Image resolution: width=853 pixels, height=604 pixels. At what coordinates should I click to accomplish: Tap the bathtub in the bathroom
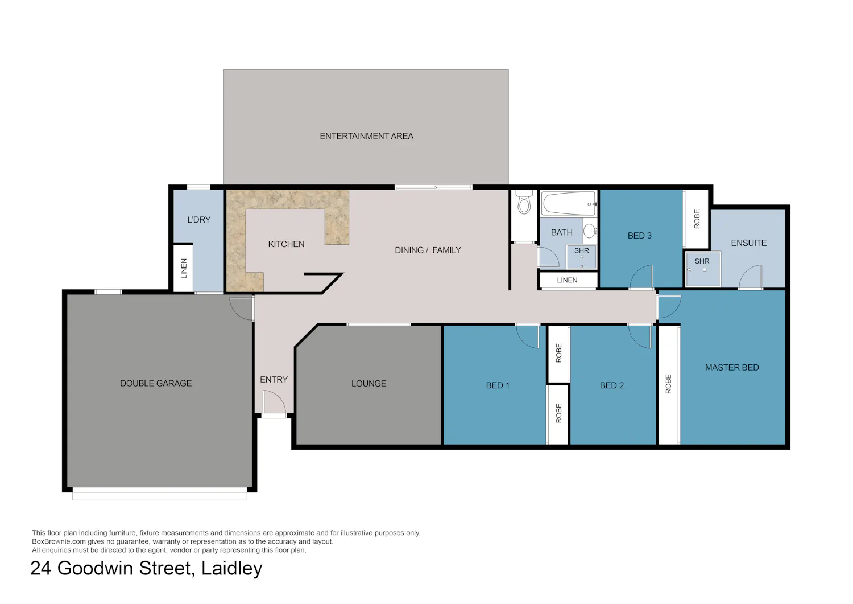569,204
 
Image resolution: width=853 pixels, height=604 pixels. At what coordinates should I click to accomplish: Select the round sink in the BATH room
590,231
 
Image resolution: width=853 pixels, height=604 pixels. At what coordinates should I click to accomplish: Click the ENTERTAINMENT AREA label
366,136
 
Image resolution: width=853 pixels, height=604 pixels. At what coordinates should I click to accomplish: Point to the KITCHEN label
286,244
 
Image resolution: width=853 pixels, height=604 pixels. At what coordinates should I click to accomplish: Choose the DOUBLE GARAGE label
156,383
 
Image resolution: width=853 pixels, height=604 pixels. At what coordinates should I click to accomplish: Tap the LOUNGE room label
368,383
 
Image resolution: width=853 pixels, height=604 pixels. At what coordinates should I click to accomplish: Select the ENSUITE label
749,243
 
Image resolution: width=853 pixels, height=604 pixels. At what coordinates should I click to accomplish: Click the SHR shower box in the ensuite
702,269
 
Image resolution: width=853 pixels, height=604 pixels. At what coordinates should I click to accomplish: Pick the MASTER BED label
732,367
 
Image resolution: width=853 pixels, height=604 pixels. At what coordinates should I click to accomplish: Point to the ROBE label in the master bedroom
668,384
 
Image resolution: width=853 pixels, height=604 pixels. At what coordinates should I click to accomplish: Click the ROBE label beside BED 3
697,219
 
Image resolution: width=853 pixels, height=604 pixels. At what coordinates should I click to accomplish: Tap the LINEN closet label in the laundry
184,268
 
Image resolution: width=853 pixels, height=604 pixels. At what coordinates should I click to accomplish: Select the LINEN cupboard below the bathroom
568,280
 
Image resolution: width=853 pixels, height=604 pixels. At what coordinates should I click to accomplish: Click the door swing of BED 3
641,277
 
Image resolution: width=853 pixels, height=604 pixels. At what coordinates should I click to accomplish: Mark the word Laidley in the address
231,568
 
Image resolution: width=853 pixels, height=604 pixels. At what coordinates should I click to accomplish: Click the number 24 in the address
40,568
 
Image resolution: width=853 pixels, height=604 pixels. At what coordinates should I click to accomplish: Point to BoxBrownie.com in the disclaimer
59,541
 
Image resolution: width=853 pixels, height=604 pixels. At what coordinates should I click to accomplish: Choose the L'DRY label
199,220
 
